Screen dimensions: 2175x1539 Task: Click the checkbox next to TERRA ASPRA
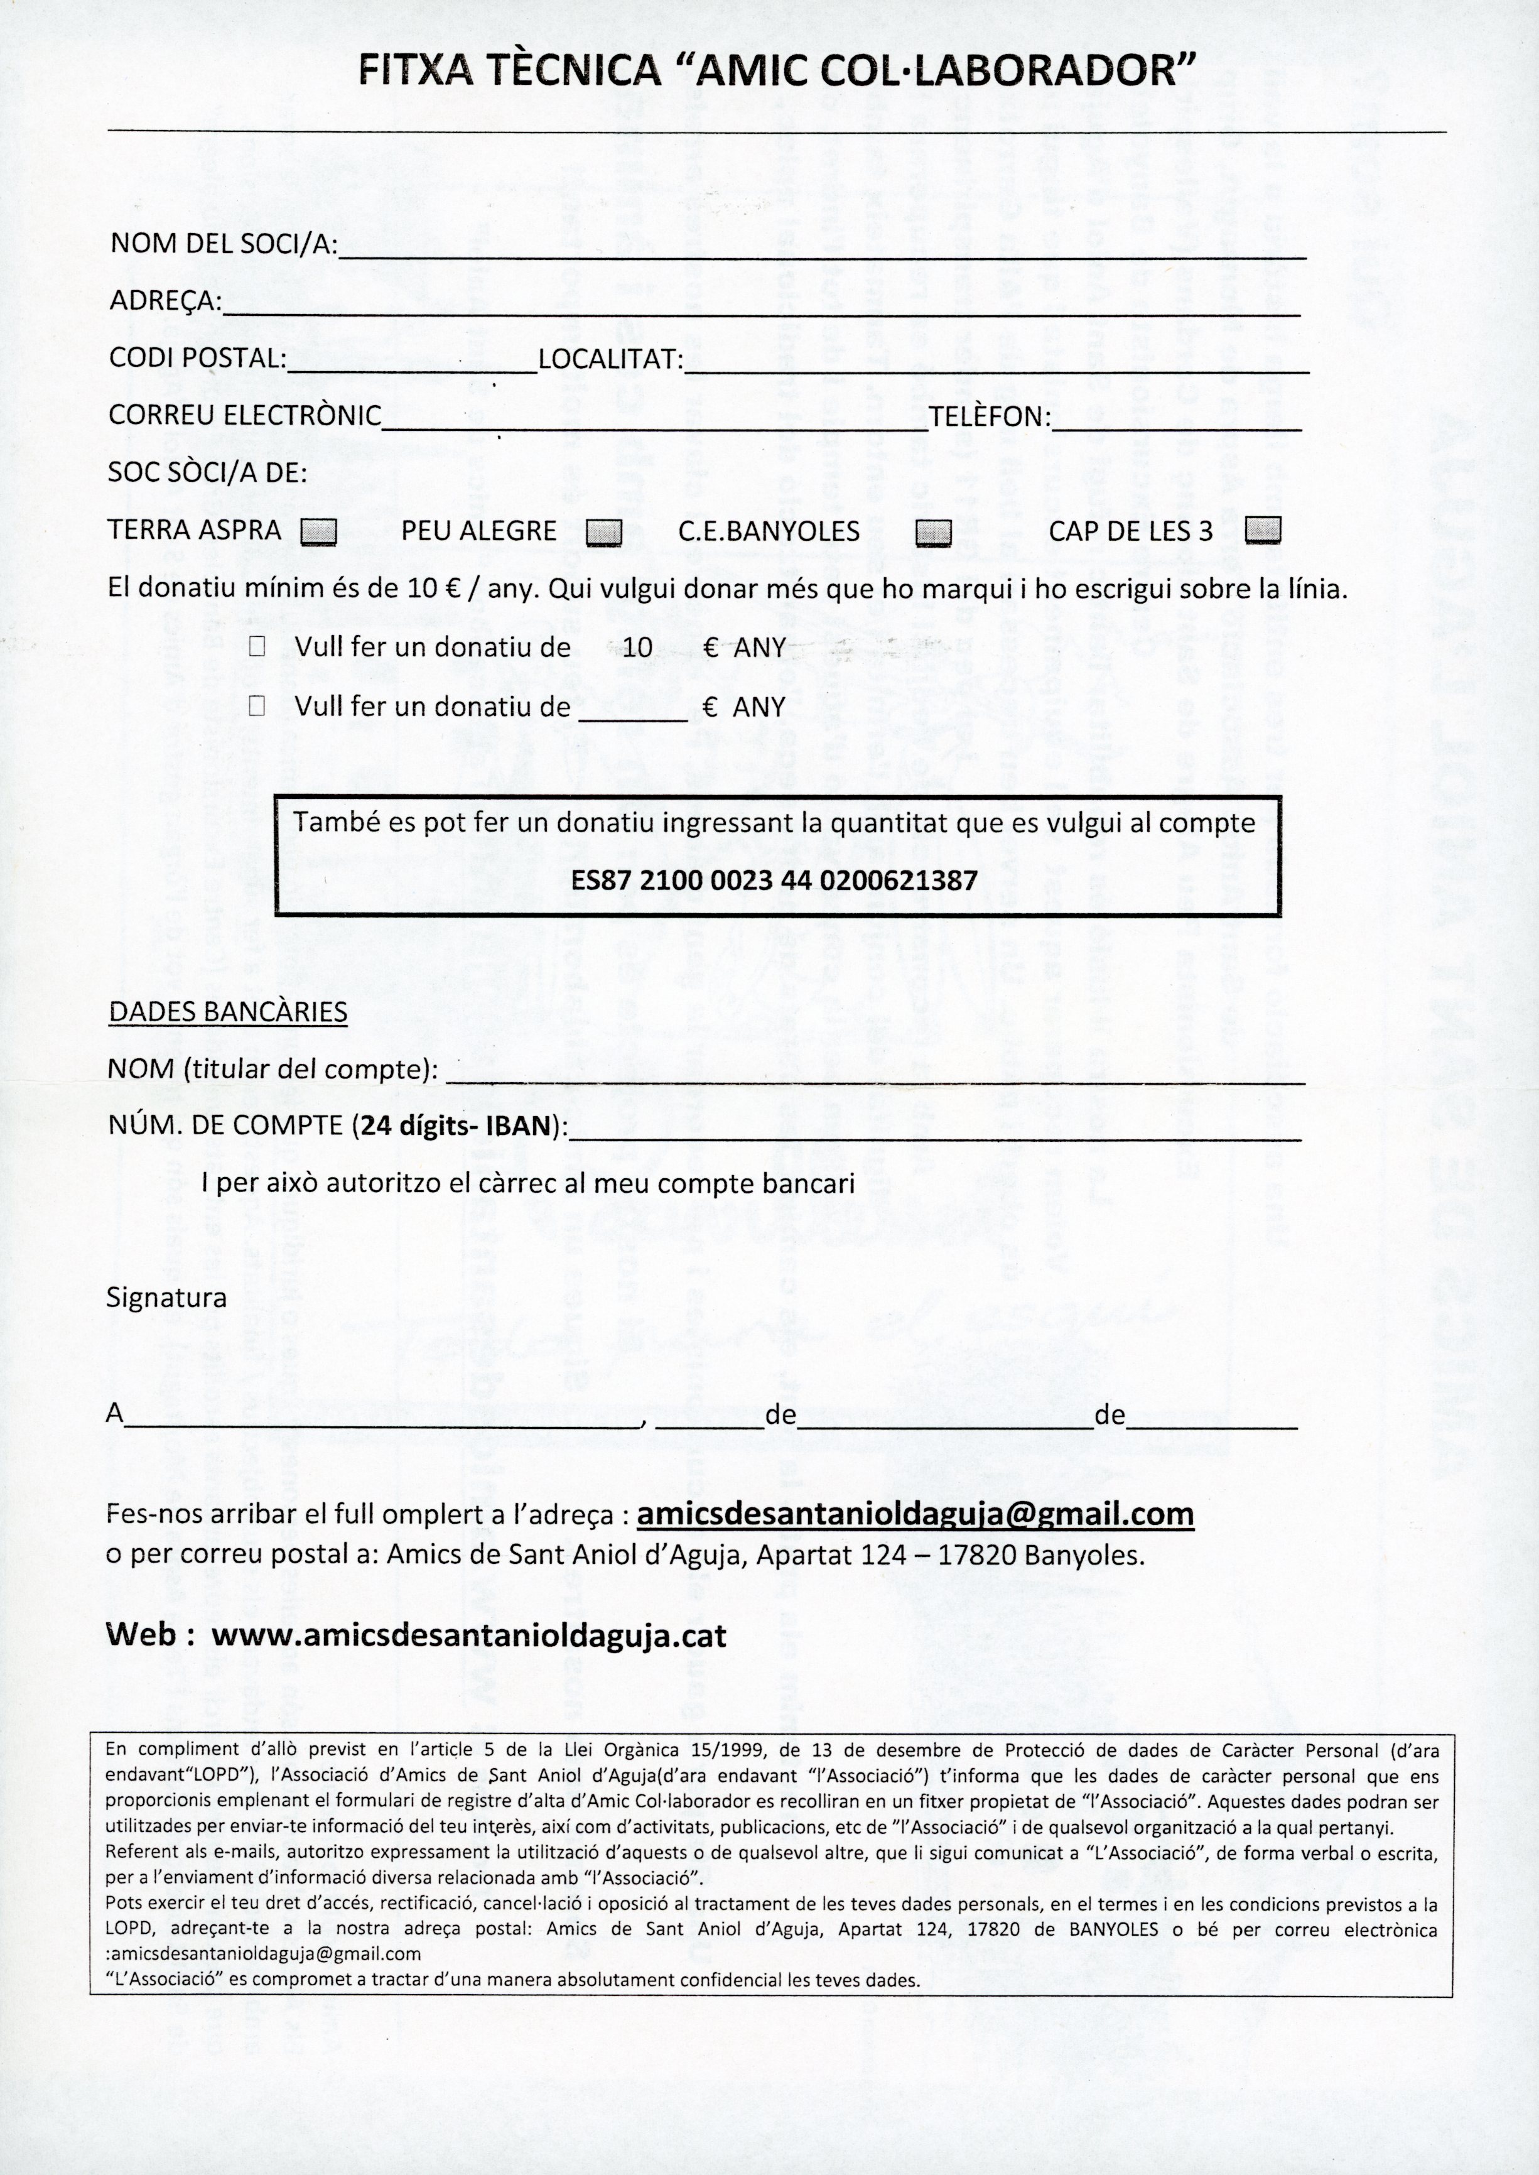tap(318, 533)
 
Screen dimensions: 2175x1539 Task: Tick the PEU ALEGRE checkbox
tap(603, 533)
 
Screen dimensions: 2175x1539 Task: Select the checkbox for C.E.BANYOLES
tap(934, 533)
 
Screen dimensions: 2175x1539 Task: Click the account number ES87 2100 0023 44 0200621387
tap(774, 881)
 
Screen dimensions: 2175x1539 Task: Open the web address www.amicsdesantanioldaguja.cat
tap(468, 1635)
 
